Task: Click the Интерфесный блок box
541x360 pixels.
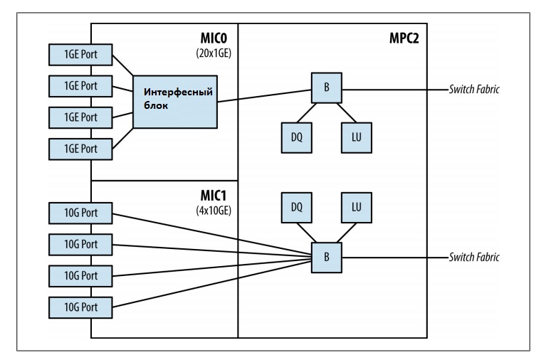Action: (x=176, y=101)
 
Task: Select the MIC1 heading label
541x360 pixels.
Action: (x=217, y=194)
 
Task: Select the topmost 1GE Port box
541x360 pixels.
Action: (x=80, y=53)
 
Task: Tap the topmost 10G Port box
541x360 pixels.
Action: (x=80, y=211)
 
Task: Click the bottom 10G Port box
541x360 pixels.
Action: (x=80, y=307)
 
